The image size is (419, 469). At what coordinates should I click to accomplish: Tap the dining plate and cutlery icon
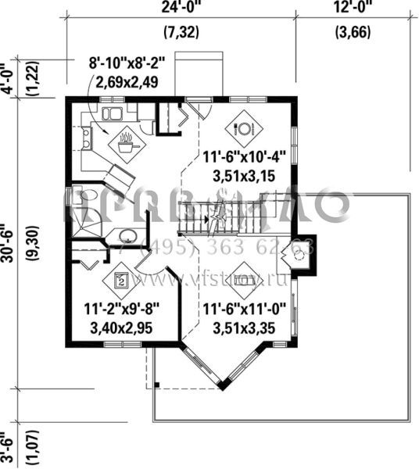pos(242,127)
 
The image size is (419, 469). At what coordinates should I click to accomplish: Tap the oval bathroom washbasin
pos(125,235)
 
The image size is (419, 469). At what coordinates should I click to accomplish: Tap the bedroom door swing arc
pos(152,276)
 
